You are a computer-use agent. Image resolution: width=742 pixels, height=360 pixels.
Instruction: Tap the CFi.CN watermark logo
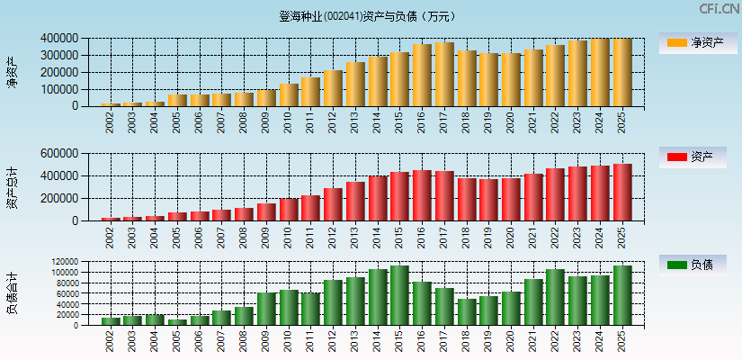pos(719,9)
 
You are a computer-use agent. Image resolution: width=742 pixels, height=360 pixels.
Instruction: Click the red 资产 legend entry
pos(692,157)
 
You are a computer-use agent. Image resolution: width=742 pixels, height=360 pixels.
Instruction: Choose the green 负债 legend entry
pos(692,265)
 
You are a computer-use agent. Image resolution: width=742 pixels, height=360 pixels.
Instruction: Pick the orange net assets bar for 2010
pos(289,94)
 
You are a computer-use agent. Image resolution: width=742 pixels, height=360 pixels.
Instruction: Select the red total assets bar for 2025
pos(622,193)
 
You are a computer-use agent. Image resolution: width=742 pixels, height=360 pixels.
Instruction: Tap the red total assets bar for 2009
pos(266,211)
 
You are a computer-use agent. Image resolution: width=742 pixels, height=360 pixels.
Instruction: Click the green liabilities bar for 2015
pos(399,295)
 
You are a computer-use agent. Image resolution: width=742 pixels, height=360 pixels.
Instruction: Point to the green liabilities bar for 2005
pos(177,321)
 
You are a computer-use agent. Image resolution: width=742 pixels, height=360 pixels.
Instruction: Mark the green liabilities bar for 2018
pos(467,311)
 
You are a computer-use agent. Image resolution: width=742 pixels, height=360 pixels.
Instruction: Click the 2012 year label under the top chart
pos(334,120)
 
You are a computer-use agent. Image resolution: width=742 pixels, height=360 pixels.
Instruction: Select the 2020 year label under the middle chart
pos(511,235)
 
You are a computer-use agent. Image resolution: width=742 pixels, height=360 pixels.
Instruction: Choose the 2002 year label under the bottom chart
pos(111,339)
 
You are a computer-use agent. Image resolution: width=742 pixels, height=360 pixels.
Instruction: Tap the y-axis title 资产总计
pos(12,187)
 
